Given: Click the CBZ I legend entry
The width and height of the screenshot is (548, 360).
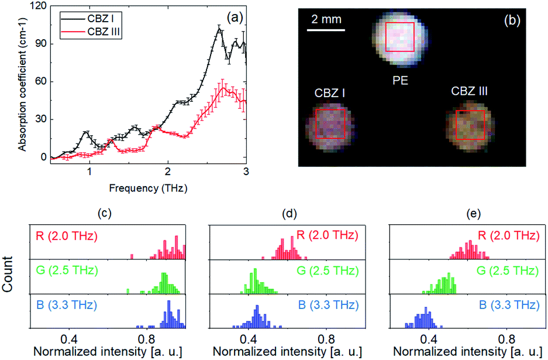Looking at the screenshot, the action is pyautogui.click(x=91, y=18).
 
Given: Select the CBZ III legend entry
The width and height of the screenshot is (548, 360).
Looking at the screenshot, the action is pyautogui.click(x=91, y=32).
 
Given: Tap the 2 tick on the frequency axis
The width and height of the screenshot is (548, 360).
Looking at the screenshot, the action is pyautogui.click(x=168, y=172).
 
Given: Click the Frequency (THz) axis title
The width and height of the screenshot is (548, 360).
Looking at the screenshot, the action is pyautogui.click(x=148, y=188).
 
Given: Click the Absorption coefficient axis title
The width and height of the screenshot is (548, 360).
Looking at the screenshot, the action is pyautogui.click(x=22, y=84).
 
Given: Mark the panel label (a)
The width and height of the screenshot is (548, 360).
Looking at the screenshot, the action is pyautogui.click(x=235, y=18).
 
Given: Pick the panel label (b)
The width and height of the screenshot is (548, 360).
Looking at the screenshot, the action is pyautogui.click(x=512, y=20).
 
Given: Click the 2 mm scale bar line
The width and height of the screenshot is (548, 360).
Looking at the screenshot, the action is pyautogui.click(x=326, y=30).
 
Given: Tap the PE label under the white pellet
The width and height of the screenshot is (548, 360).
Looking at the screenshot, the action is pyautogui.click(x=400, y=80).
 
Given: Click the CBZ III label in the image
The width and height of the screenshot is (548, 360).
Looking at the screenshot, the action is pyautogui.click(x=469, y=91).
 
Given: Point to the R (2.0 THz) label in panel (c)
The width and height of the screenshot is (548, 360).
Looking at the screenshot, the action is pyautogui.click(x=67, y=236).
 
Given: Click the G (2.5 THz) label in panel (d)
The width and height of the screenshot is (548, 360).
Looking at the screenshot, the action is pyautogui.click(x=328, y=270).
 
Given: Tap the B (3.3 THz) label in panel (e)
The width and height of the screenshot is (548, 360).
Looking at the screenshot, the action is pyautogui.click(x=509, y=305).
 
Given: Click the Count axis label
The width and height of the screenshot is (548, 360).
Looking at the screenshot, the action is pyautogui.click(x=8, y=275).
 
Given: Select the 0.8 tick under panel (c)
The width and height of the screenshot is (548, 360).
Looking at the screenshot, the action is pyautogui.click(x=146, y=338).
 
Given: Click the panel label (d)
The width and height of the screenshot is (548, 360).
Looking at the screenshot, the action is pyautogui.click(x=289, y=214).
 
